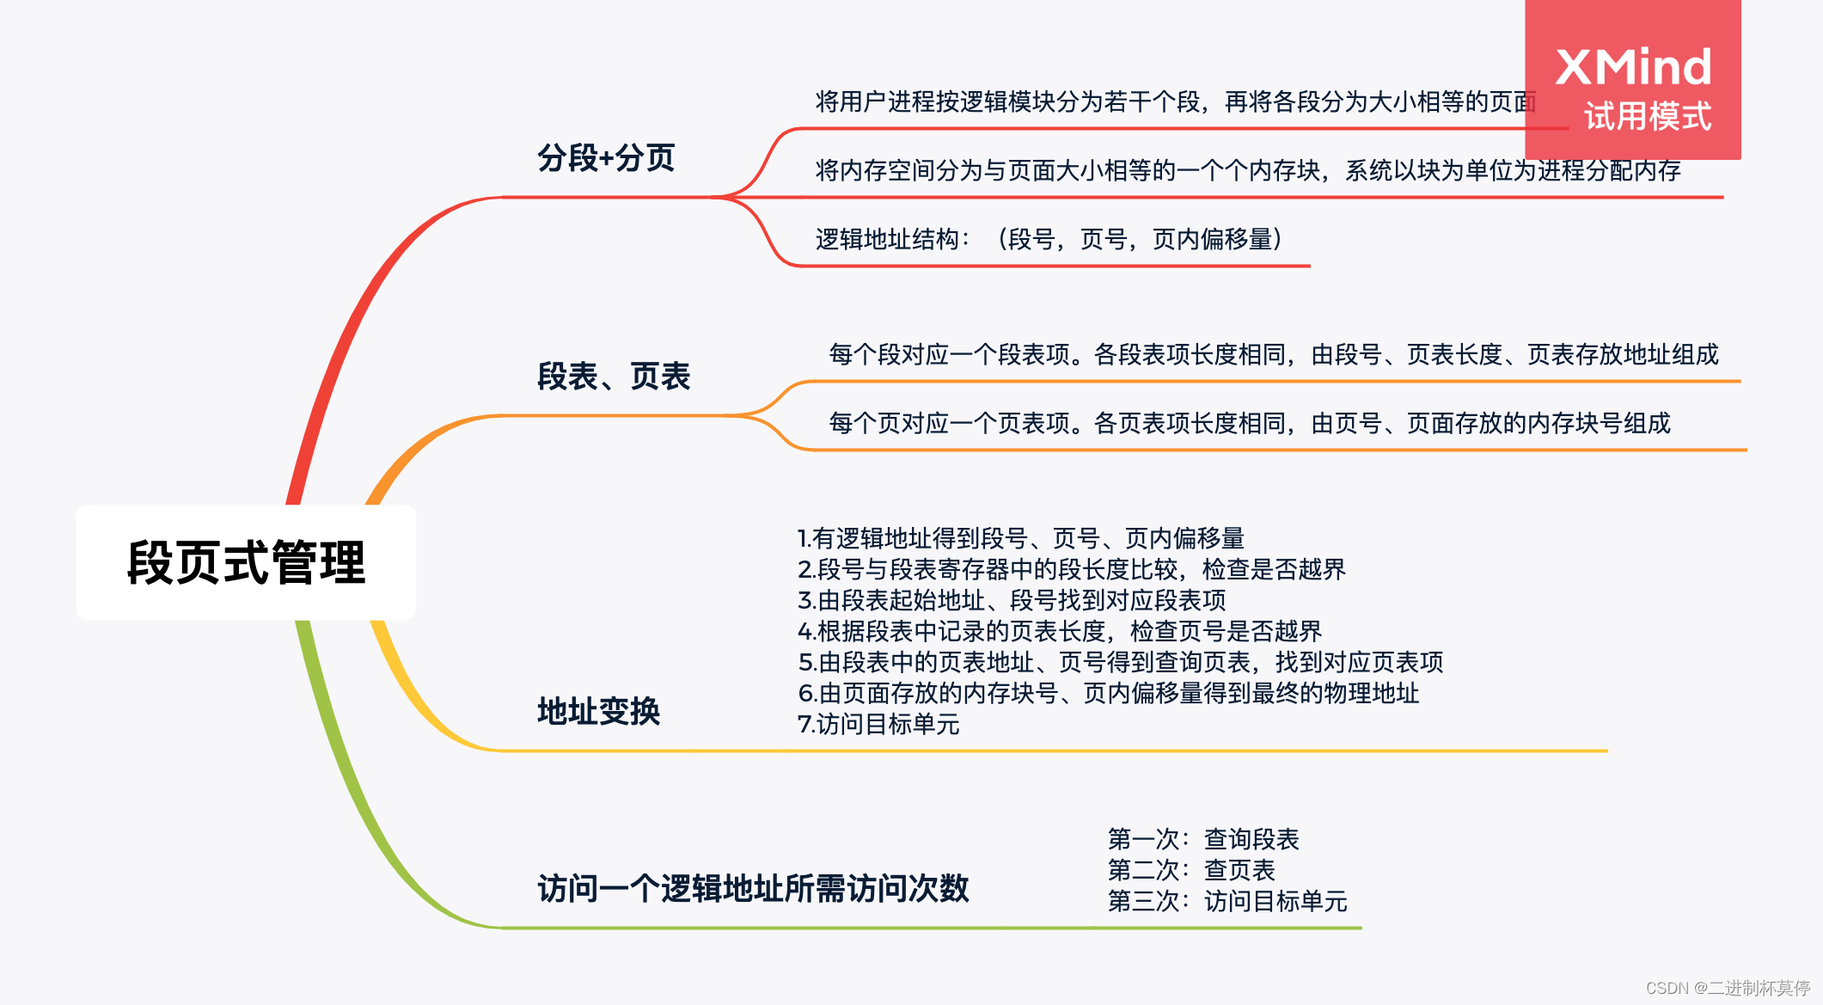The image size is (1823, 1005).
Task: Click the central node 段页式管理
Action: (246, 563)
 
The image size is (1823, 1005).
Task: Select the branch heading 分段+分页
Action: (606, 158)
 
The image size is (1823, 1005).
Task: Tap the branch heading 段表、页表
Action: (614, 377)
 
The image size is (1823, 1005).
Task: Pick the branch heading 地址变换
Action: (598, 711)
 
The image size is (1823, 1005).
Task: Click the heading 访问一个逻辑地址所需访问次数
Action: (753, 888)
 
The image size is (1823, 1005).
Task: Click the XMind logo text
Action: (1633, 67)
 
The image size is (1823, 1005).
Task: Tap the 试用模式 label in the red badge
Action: (1648, 117)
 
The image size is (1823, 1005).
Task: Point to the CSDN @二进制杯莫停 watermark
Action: (1728, 988)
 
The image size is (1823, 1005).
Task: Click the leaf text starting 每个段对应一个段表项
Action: (1273, 354)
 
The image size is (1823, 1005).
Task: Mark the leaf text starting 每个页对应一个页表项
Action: (1249, 423)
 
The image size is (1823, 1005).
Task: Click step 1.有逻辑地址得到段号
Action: (1020, 538)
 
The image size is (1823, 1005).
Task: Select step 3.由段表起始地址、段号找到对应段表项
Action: (1012, 600)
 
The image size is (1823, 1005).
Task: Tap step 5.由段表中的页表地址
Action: (1120, 662)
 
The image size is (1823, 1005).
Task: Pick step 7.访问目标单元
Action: (878, 724)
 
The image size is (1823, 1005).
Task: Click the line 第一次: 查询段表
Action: (1202, 839)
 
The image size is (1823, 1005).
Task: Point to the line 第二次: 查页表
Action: (1190, 870)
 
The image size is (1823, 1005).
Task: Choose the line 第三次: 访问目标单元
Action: (1227, 901)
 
